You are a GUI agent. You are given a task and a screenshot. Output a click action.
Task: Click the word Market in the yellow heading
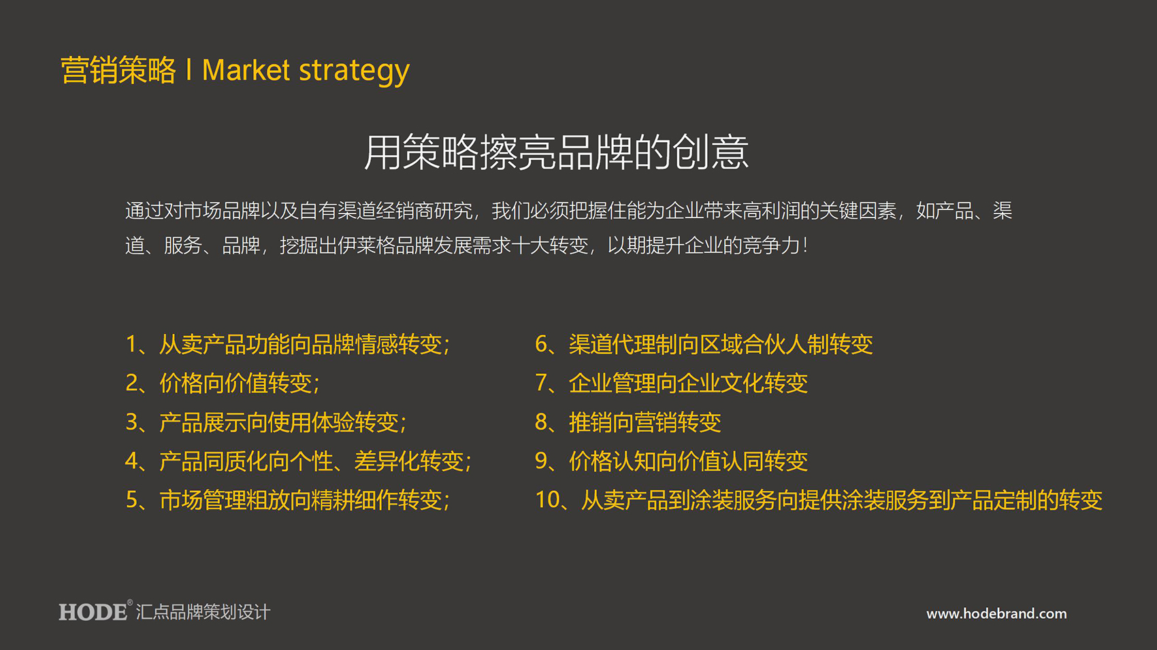(x=246, y=70)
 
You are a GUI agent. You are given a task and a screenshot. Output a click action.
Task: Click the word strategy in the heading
(x=355, y=72)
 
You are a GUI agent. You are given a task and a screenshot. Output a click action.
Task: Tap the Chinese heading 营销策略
(x=118, y=70)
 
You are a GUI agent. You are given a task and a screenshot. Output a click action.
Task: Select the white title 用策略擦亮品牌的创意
(x=556, y=152)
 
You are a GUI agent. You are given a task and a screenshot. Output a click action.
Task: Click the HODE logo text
(x=93, y=613)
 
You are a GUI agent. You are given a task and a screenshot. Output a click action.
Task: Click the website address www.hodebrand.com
(x=996, y=613)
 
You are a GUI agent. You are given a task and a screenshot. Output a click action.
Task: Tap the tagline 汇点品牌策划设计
(x=203, y=613)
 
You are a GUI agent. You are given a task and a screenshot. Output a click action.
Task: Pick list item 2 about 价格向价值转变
(x=223, y=383)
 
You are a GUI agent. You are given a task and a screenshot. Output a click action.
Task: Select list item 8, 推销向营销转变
(x=628, y=422)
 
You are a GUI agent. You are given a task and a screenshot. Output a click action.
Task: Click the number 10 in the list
(x=548, y=500)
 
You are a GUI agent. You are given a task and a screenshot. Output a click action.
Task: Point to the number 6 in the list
(x=541, y=344)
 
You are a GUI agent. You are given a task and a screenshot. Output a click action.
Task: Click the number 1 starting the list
(x=131, y=344)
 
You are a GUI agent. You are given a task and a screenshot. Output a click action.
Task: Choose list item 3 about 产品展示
(x=266, y=422)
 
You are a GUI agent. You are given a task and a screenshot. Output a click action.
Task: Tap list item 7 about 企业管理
(x=672, y=383)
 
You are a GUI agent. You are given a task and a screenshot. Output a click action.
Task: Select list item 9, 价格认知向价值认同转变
(x=672, y=461)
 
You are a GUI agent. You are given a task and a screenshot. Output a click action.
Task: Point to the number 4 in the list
(x=131, y=461)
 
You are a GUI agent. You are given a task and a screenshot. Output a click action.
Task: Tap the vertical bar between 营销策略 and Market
(x=189, y=69)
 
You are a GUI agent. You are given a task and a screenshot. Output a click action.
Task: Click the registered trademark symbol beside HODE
(x=129, y=602)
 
